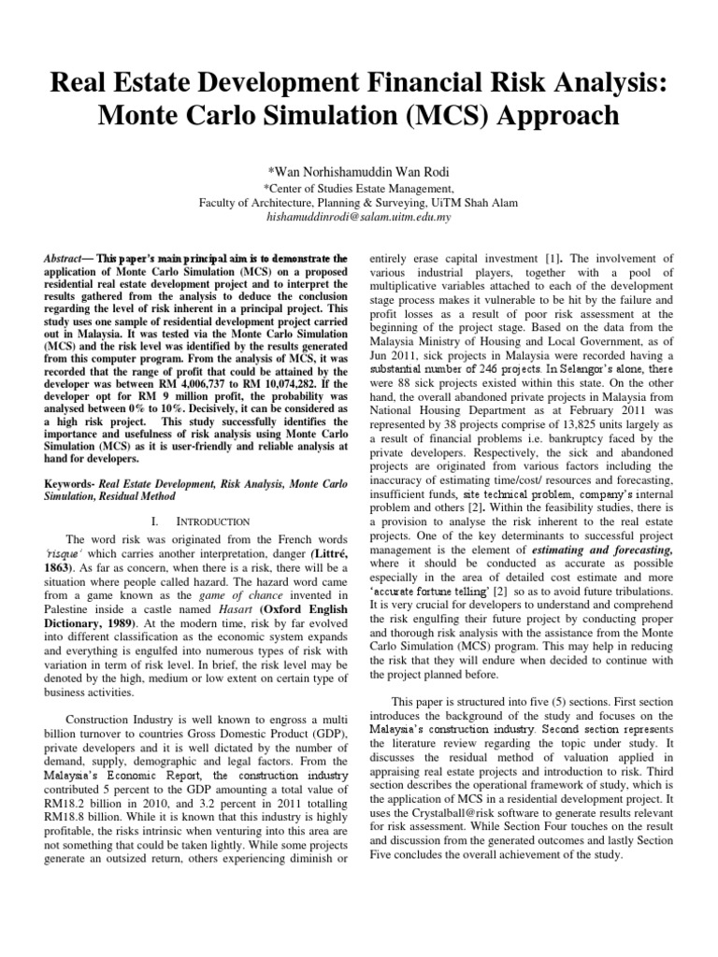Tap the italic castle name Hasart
tap(203, 620)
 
